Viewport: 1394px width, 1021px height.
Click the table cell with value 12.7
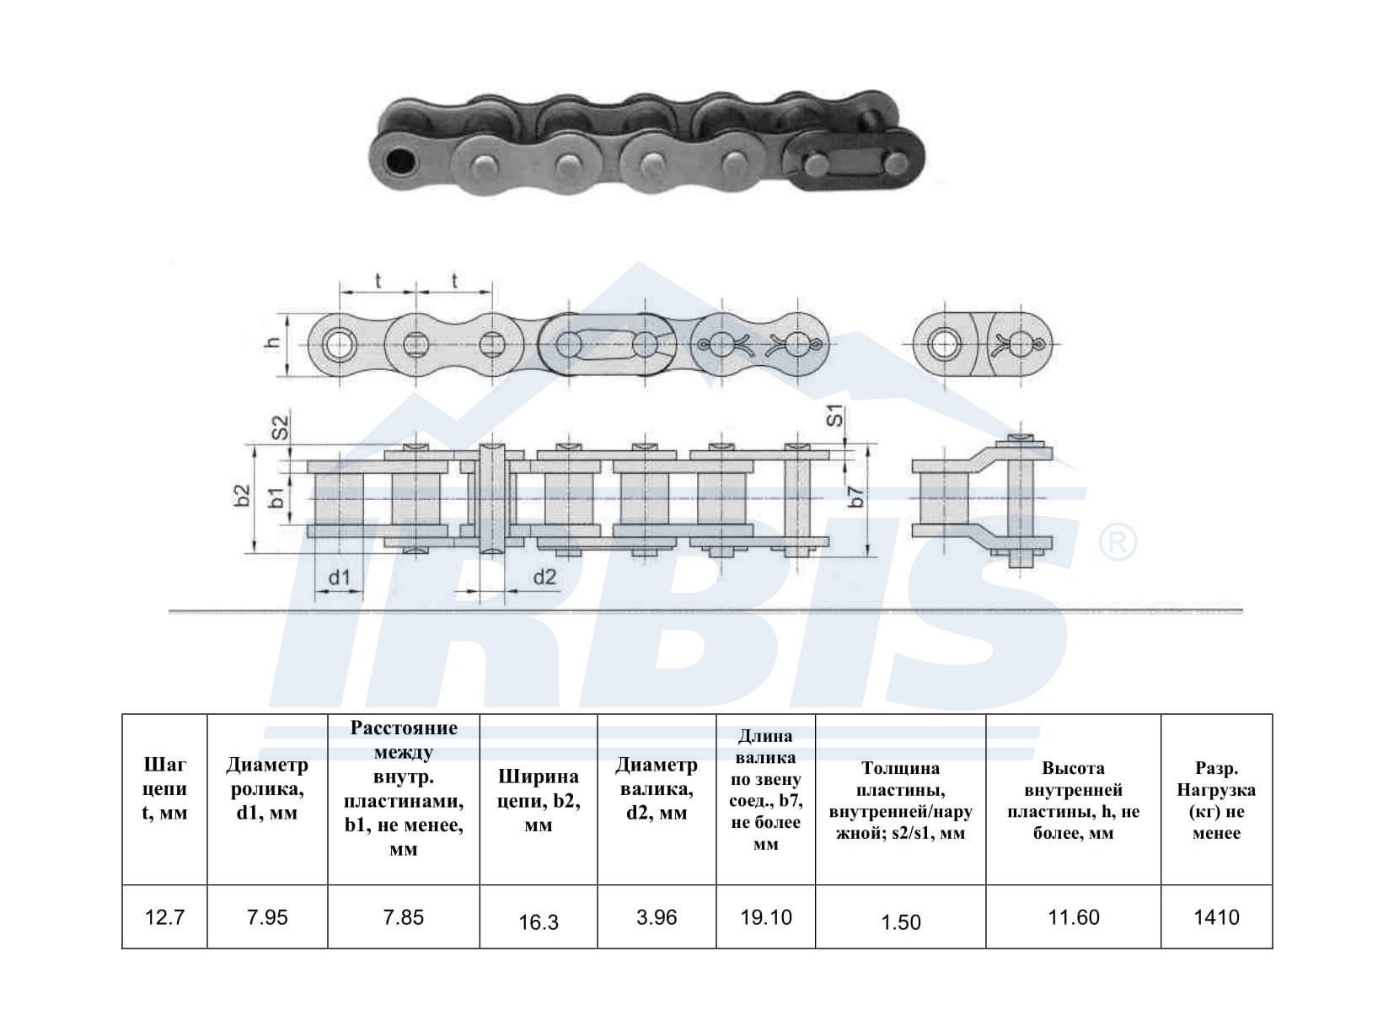(x=164, y=917)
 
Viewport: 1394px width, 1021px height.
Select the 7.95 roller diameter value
(x=267, y=917)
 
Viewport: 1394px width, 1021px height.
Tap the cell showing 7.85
(x=403, y=917)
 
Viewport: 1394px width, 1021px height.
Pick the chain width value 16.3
(x=539, y=922)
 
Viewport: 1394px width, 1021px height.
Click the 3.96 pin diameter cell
(x=657, y=917)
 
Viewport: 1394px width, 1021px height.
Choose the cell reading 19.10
(x=765, y=917)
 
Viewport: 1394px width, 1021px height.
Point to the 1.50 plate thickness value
(x=900, y=922)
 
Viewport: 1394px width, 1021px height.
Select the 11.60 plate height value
(x=1074, y=917)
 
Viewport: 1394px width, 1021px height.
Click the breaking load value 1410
(x=1217, y=917)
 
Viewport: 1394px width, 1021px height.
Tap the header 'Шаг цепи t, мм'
(x=164, y=788)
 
